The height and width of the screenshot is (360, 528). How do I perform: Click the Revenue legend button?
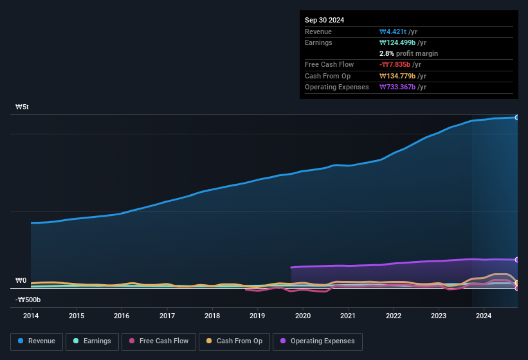37,341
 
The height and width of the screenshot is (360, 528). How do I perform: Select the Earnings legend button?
91,341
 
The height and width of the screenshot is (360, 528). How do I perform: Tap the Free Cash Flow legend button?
158,341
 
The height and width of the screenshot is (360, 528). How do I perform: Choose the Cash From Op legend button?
234,341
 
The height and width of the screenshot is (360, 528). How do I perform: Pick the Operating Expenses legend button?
318,341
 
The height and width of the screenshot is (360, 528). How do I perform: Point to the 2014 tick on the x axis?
31,316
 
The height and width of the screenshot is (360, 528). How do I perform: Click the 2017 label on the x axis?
167,316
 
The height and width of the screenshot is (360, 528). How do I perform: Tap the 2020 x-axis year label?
303,316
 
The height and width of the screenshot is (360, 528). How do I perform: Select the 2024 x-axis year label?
484,316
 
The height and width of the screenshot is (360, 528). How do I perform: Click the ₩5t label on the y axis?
23,107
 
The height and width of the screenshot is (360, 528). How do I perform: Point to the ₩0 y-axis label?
21,281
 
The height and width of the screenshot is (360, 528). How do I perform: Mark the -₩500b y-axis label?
28,300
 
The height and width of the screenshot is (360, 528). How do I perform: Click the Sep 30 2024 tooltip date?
324,20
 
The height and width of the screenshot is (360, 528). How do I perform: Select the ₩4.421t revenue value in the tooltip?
394,32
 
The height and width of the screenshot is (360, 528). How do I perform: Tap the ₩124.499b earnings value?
399,42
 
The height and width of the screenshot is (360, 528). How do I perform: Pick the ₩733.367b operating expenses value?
399,87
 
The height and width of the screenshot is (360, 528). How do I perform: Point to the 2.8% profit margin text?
408,53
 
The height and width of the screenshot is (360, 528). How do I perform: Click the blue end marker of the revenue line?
517,118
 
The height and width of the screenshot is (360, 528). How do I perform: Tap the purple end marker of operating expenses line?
517,260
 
